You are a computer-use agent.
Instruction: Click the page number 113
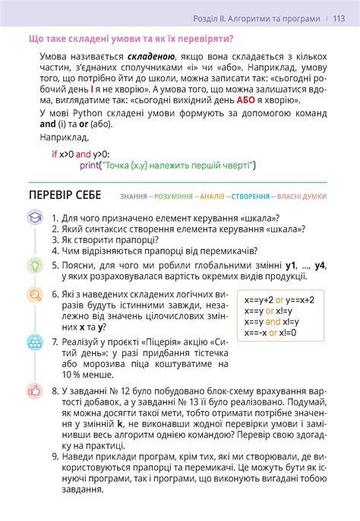(x=339, y=19)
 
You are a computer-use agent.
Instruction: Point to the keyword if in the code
(x=54, y=154)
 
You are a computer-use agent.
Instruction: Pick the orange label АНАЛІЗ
(x=212, y=197)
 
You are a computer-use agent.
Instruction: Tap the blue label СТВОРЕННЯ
(x=250, y=197)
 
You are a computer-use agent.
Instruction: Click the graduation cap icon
(x=34, y=217)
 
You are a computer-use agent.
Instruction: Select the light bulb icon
(x=34, y=265)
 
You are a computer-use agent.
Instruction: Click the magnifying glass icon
(x=34, y=294)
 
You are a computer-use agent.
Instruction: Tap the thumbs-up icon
(x=34, y=391)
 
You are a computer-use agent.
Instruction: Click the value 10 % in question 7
(x=73, y=375)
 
